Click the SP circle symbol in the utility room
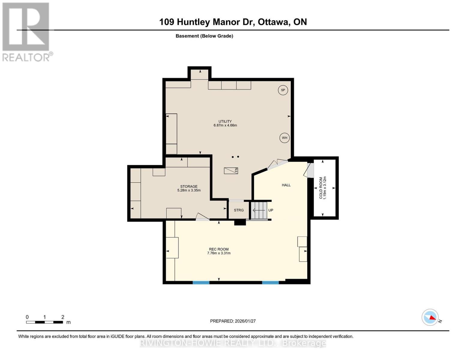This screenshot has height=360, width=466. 283,90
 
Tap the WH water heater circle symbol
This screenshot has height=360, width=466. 284,138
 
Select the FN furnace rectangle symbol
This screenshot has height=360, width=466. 231,170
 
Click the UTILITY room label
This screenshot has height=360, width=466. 225,121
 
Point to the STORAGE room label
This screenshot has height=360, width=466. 189,186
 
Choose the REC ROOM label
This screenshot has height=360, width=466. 219,249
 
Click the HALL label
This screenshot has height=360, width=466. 286,185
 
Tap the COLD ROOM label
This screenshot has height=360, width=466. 321,188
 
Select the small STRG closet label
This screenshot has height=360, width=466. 239,210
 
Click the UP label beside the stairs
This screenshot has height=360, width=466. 271,210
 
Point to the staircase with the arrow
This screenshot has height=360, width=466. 259,210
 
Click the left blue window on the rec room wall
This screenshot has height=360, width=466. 201,282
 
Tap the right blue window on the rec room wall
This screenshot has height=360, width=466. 270,282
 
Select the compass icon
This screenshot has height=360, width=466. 430,317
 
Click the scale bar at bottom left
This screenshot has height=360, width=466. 44,322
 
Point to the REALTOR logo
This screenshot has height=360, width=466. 26,31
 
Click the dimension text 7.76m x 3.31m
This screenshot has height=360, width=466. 219,253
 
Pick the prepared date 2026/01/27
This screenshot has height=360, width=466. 233,321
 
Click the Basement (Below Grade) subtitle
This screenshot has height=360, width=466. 204,36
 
